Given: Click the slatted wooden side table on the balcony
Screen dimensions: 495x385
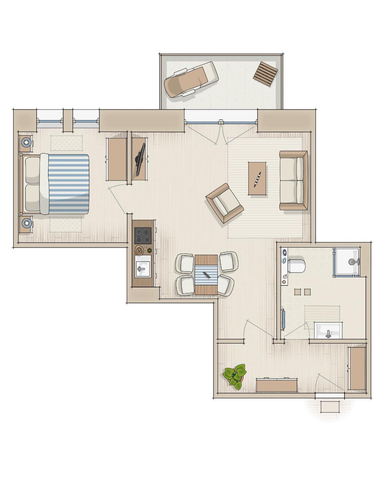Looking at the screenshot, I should pos(265,74).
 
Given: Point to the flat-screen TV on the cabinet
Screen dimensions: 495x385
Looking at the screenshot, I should pos(141,159).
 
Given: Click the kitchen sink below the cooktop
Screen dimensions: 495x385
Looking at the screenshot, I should pos(142,269).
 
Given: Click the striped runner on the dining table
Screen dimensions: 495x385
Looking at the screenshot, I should pos(206,275).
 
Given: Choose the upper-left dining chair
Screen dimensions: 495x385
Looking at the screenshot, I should pos(185,263).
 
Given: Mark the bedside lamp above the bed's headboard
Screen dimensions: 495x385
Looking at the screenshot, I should pos(26,142).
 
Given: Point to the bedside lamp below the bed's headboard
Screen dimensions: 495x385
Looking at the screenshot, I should pos(26,222).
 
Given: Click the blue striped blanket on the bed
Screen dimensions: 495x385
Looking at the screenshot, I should pos(68,184).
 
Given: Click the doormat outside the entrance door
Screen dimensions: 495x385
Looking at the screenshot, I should pos(330,407).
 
